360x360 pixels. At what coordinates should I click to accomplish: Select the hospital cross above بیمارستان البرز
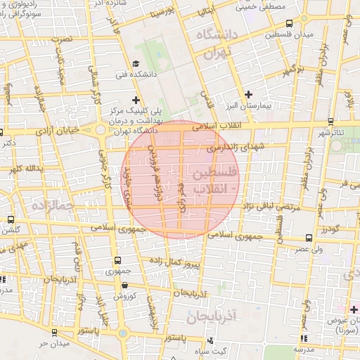pyautogui.click(x=247, y=94)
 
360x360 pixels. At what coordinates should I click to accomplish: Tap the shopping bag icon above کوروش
pyautogui.click(x=124, y=285)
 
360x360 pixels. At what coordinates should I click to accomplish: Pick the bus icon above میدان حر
pyautogui.click(x=54, y=331)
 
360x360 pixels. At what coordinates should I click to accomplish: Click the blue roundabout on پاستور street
pyautogui.click(x=122, y=333)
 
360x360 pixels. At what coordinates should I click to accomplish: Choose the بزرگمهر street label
pyautogui.click(x=292, y=70)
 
